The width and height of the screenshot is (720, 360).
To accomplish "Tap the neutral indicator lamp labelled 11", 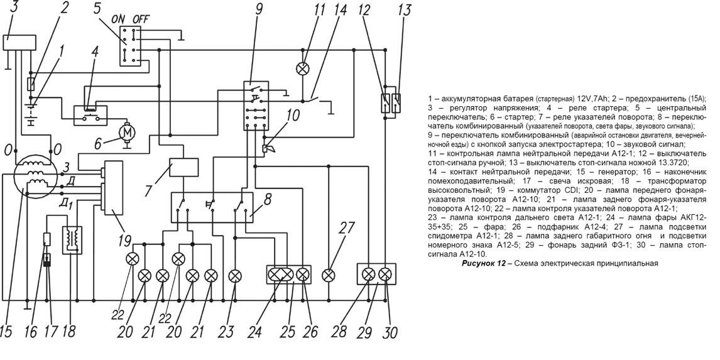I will [302, 68].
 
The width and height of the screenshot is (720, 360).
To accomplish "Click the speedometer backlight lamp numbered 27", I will [327, 275].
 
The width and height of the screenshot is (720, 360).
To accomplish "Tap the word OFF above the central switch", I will [141, 19].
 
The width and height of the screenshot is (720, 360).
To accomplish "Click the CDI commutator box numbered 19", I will [113, 188].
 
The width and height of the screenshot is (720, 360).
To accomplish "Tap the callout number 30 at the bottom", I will [390, 332].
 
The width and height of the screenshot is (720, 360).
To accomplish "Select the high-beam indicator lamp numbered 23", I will [235, 275].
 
